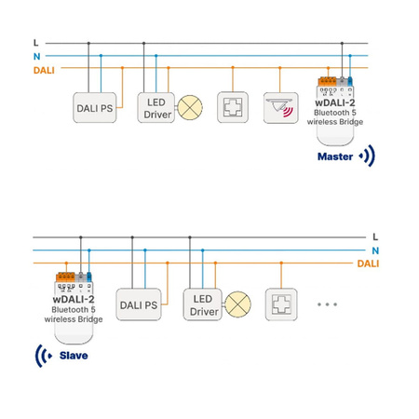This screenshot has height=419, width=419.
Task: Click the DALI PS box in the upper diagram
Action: [x=94, y=108]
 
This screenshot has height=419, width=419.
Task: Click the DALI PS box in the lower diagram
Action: [x=138, y=304]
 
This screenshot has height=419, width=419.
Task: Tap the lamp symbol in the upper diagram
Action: [x=190, y=107]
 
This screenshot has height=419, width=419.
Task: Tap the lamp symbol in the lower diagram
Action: [x=238, y=304]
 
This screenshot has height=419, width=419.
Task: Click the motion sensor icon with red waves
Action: [x=279, y=107]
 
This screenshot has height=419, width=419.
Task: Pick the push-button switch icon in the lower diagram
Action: [x=281, y=304]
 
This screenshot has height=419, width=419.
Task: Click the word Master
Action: [x=335, y=156]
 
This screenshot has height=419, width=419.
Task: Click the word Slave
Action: [x=75, y=355]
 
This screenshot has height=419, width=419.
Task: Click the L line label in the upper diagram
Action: [x=35, y=43]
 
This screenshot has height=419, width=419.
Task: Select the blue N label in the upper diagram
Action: [x=36, y=56]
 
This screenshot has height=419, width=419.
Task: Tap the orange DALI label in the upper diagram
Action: [x=43, y=69]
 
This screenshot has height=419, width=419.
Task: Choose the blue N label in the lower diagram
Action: [x=374, y=250]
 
